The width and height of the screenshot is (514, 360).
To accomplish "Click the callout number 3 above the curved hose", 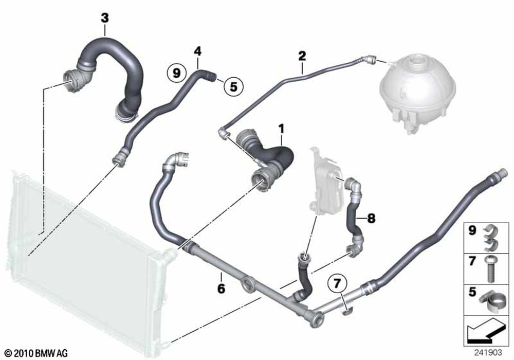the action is [104, 18].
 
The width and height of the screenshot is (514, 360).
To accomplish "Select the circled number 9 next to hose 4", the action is [177, 73].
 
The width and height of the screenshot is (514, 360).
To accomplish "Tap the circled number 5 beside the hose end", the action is [233, 86].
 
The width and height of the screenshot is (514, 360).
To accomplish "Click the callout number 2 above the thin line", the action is [302, 56].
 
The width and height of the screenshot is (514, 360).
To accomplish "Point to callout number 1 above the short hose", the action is [281, 129].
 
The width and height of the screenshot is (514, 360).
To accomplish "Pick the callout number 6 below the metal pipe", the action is [221, 289].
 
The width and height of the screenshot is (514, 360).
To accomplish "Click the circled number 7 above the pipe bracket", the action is [338, 283].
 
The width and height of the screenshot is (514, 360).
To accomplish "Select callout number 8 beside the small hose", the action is [371, 218].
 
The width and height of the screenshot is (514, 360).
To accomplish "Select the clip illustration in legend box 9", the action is [490, 238].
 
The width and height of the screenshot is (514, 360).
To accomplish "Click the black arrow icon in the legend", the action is [486, 332].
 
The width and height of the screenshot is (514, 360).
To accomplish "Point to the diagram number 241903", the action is [488, 353].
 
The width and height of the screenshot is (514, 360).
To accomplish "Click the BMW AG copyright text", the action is [36, 353].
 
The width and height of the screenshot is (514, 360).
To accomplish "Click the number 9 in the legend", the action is [472, 230].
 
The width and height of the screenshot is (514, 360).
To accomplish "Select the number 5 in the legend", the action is [472, 292].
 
